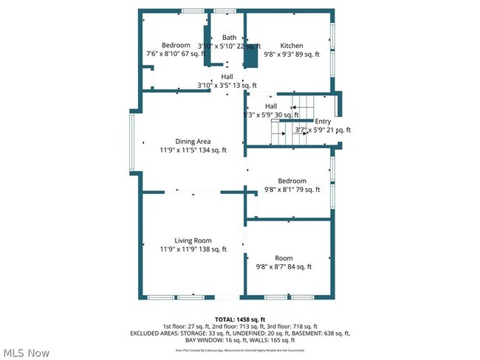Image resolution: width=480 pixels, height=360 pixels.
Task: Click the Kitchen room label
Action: (x=291, y=45)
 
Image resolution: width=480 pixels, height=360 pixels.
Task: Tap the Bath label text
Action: (x=229, y=37)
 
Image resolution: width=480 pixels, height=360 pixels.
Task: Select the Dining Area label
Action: (x=193, y=142)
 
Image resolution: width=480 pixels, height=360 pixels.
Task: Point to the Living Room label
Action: (x=193, y=240)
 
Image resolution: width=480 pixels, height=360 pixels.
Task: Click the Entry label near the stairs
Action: (x=323, y=122)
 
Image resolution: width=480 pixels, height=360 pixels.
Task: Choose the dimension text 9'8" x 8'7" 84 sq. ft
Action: (x=284, y=267)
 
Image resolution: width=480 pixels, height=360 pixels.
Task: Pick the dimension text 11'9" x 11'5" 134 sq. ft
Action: (x=193, y=150)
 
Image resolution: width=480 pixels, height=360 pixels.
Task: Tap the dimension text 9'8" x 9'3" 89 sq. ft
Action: (x=292, y=54)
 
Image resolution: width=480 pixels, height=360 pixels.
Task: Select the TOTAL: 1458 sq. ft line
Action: (x=240, y=318)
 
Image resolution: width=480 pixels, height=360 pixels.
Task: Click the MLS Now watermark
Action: (x=26, y=352)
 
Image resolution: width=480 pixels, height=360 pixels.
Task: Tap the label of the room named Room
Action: (x=284, y=258)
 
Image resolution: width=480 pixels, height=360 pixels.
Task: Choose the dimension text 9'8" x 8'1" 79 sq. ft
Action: (x=292, y=190)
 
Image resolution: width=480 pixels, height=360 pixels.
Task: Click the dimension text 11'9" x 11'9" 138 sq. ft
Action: (x=193, y=249)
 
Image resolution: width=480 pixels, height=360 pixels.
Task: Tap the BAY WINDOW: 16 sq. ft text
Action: (x=207, y=340)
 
